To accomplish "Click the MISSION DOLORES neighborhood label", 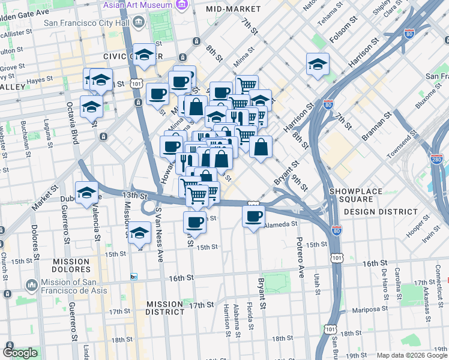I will pos(71,266).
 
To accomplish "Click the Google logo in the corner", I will pos(19,353).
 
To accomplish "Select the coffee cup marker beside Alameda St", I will pos(253,216).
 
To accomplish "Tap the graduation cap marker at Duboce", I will pos(86,192).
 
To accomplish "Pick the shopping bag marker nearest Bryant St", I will pos(261,146).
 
